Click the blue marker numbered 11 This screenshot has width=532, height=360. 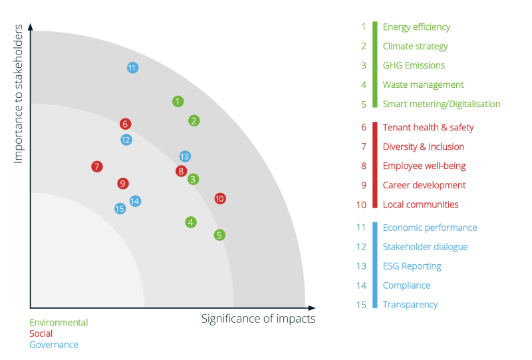[132, 68]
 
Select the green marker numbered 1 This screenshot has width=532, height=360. [178, 101]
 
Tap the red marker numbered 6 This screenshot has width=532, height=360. [125, 124]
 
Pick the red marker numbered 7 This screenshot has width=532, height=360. [97, 166]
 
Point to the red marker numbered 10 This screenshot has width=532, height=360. [220, 198]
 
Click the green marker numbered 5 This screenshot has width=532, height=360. [219, 235]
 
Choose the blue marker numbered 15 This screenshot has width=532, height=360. [120, 209]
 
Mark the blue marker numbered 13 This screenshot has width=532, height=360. [185, 156]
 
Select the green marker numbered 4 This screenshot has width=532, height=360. [191, 222]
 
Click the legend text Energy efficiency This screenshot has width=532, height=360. [416, 27]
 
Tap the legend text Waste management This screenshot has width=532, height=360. [423, 85]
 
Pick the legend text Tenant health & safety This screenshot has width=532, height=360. [428, 127]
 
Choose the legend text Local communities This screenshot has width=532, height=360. [420, 204]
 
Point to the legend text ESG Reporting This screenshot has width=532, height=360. [412, 266]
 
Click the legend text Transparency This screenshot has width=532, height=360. [410, 305]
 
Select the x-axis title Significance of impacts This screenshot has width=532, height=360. [258, 319]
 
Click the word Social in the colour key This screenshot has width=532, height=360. [41, 333]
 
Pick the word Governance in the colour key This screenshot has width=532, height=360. [54, 345]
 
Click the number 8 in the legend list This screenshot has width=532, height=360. [364, 166]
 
